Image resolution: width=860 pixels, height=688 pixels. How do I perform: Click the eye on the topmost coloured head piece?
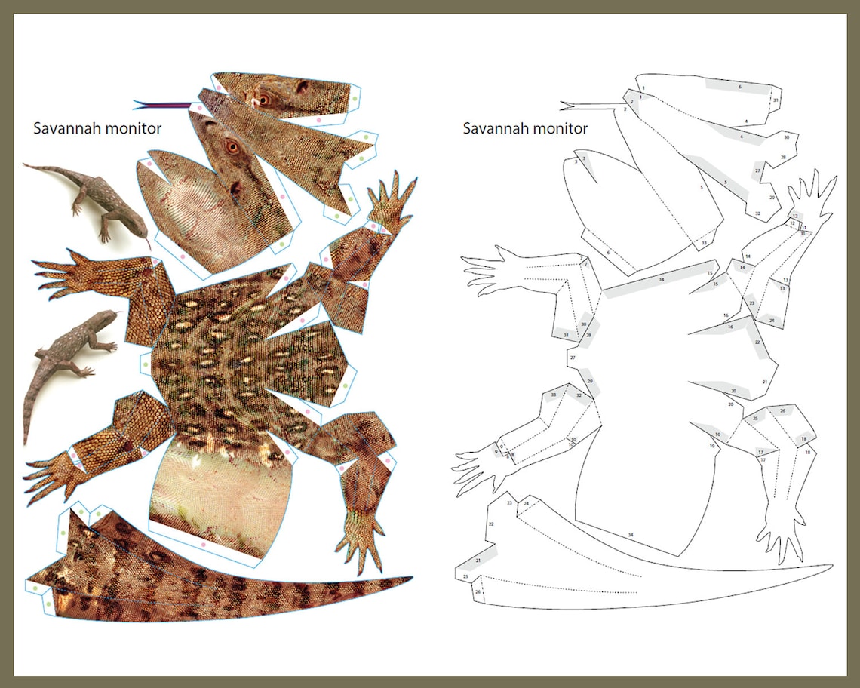point(263,98)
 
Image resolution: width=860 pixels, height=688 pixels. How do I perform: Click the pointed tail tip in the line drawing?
point(828,566)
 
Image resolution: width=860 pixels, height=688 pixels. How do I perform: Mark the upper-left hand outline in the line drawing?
point(494,269)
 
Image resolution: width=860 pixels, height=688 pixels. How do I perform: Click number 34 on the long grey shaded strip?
point(661,280)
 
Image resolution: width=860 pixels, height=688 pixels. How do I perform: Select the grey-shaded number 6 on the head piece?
point(739,88)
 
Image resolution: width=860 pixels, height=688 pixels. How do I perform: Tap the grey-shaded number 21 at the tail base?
point(478,561)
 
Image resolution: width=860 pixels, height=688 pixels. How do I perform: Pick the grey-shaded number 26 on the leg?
point(782,411)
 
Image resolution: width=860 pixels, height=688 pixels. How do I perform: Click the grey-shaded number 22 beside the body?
point(757,342)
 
